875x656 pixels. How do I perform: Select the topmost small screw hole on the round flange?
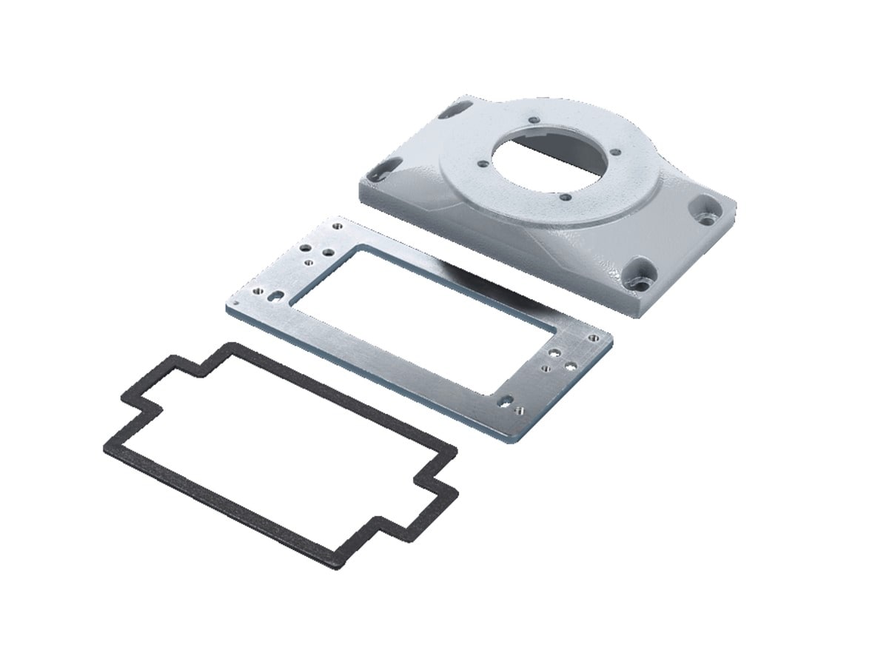(x=532, y=116)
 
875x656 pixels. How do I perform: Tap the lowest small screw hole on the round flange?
(x=565, y=198)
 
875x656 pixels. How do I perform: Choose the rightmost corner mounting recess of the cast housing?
(x=705, y=209)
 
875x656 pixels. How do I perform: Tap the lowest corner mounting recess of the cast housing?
(x=638, y=275)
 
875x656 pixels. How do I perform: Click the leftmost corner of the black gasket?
(x=105, y=447)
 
